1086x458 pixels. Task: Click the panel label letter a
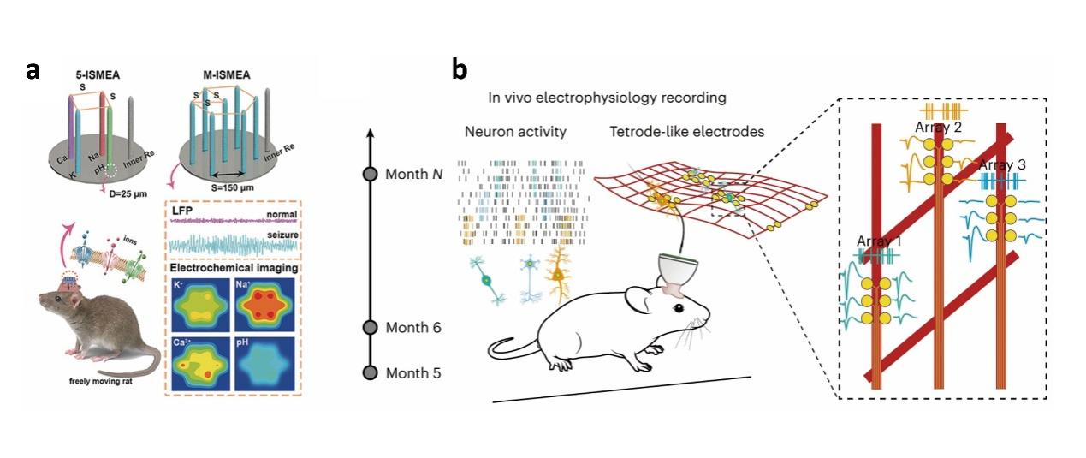click(x=33, y=70)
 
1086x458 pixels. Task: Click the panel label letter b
click(x=460, y=70)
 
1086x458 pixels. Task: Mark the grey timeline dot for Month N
click(x=371, y=174)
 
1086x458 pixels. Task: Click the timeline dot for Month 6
click(x=371, y=327)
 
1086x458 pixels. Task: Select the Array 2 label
click(x=938, y=128)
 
